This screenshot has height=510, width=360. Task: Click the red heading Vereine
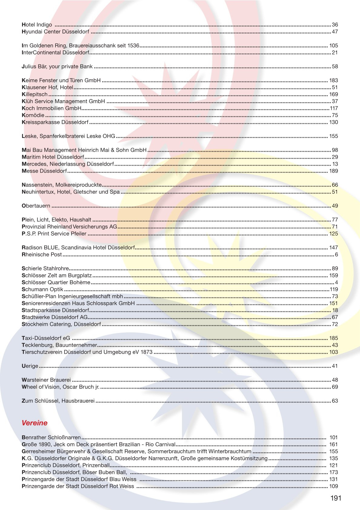(34, 423)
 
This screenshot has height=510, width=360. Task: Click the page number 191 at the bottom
(336, 498)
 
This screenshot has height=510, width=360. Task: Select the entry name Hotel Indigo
(37, 25)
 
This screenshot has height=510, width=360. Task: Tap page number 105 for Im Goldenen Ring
(333, 46)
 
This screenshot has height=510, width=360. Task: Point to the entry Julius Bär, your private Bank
(57, 67)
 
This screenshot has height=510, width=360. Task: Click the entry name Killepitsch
(34, 94)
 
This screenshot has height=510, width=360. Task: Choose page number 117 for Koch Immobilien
(334, 108)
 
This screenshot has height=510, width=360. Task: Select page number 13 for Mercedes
(335, 164)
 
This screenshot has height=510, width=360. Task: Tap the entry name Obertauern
(36, 206)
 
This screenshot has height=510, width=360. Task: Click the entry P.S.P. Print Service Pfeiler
(54, 234)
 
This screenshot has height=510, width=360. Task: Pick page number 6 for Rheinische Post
(336, 255)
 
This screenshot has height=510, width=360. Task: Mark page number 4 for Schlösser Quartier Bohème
(336, 283)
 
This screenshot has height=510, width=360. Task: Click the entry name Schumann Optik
(42, 290)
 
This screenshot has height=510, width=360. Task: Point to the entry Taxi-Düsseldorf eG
(46, 338)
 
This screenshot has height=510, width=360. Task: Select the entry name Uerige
(30, 366)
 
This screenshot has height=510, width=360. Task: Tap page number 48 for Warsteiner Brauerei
(335, 380)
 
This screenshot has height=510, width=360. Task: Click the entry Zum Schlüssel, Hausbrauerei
(58, 401)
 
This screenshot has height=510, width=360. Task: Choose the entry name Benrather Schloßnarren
(51, 438)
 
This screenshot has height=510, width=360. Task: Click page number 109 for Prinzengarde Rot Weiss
(333, 486)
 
